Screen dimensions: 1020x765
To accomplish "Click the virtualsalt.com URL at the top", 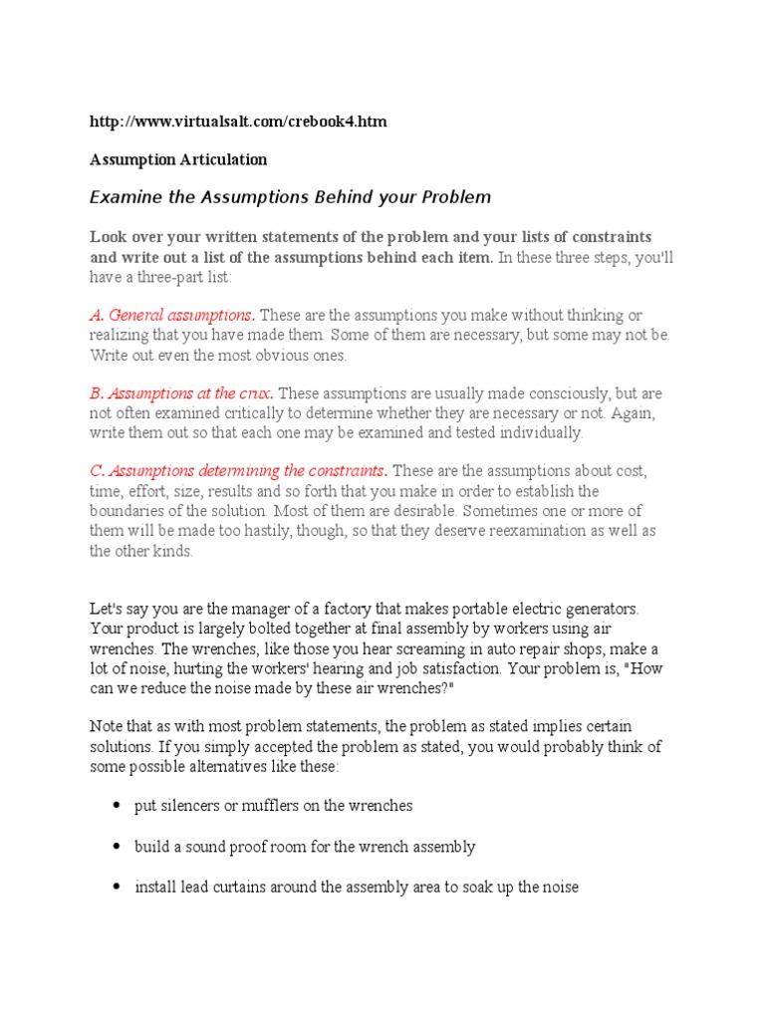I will click(x=238, y=122).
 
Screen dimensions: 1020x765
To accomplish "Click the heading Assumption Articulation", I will click(x=178, y=159).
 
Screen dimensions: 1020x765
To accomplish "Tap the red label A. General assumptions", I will click(x=171, y=315).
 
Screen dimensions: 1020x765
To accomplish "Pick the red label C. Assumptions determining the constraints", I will click(x=239, y=470).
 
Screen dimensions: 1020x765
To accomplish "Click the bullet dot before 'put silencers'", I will click(x=118, y=806).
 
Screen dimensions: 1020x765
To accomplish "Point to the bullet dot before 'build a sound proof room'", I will click(x=118, y=847).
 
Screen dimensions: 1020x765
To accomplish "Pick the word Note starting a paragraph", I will click(x=107, y=726).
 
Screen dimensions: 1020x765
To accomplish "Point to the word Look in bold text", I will click(x=109, y=237).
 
